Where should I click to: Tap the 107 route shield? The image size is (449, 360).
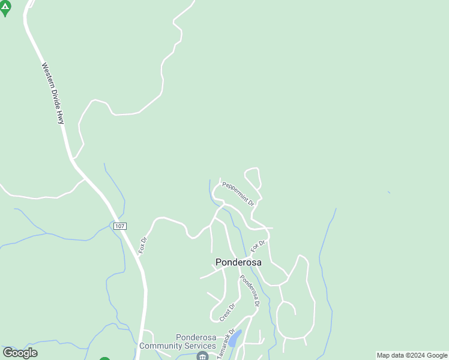coord(119,226)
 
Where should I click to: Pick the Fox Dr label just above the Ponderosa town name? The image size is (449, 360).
coord(258,245)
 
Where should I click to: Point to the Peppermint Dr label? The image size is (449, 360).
coord(238,194)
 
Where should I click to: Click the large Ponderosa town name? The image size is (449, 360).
coord(238,262)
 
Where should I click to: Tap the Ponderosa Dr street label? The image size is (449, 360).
coord(249,290)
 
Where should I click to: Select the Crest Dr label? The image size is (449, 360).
coord(226,311)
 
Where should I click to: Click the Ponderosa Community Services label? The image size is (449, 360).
coord(178,341)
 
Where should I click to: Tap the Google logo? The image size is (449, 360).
coord(20,353)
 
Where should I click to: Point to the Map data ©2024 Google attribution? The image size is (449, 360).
coord(412,355)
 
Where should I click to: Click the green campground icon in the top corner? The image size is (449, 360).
coord(5,8)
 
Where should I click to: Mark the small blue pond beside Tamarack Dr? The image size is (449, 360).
coord(235,339)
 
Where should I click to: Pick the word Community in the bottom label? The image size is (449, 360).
coord(161,346)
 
